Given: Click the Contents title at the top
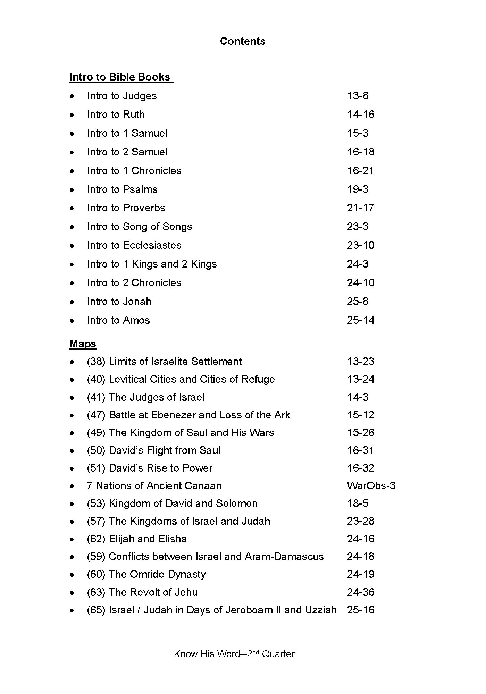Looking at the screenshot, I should coord(243,41).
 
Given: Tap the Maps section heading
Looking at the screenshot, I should coord(83,344).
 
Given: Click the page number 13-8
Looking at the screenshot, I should coord(358,96).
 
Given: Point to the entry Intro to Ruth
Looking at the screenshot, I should coord(116,115).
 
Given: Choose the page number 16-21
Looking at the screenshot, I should coord(360,171).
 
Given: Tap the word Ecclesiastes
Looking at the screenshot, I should coord(152,245).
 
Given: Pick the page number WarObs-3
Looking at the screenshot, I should coord(371,486).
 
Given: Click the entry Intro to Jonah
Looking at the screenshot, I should coord(119,302).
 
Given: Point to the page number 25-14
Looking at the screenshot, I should coord(361,320).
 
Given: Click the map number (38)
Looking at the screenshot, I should coord(96,362).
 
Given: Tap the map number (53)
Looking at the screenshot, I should coord(96,503).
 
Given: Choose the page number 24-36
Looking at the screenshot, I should coord(361,592).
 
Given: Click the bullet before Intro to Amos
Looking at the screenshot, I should coord(72,321).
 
